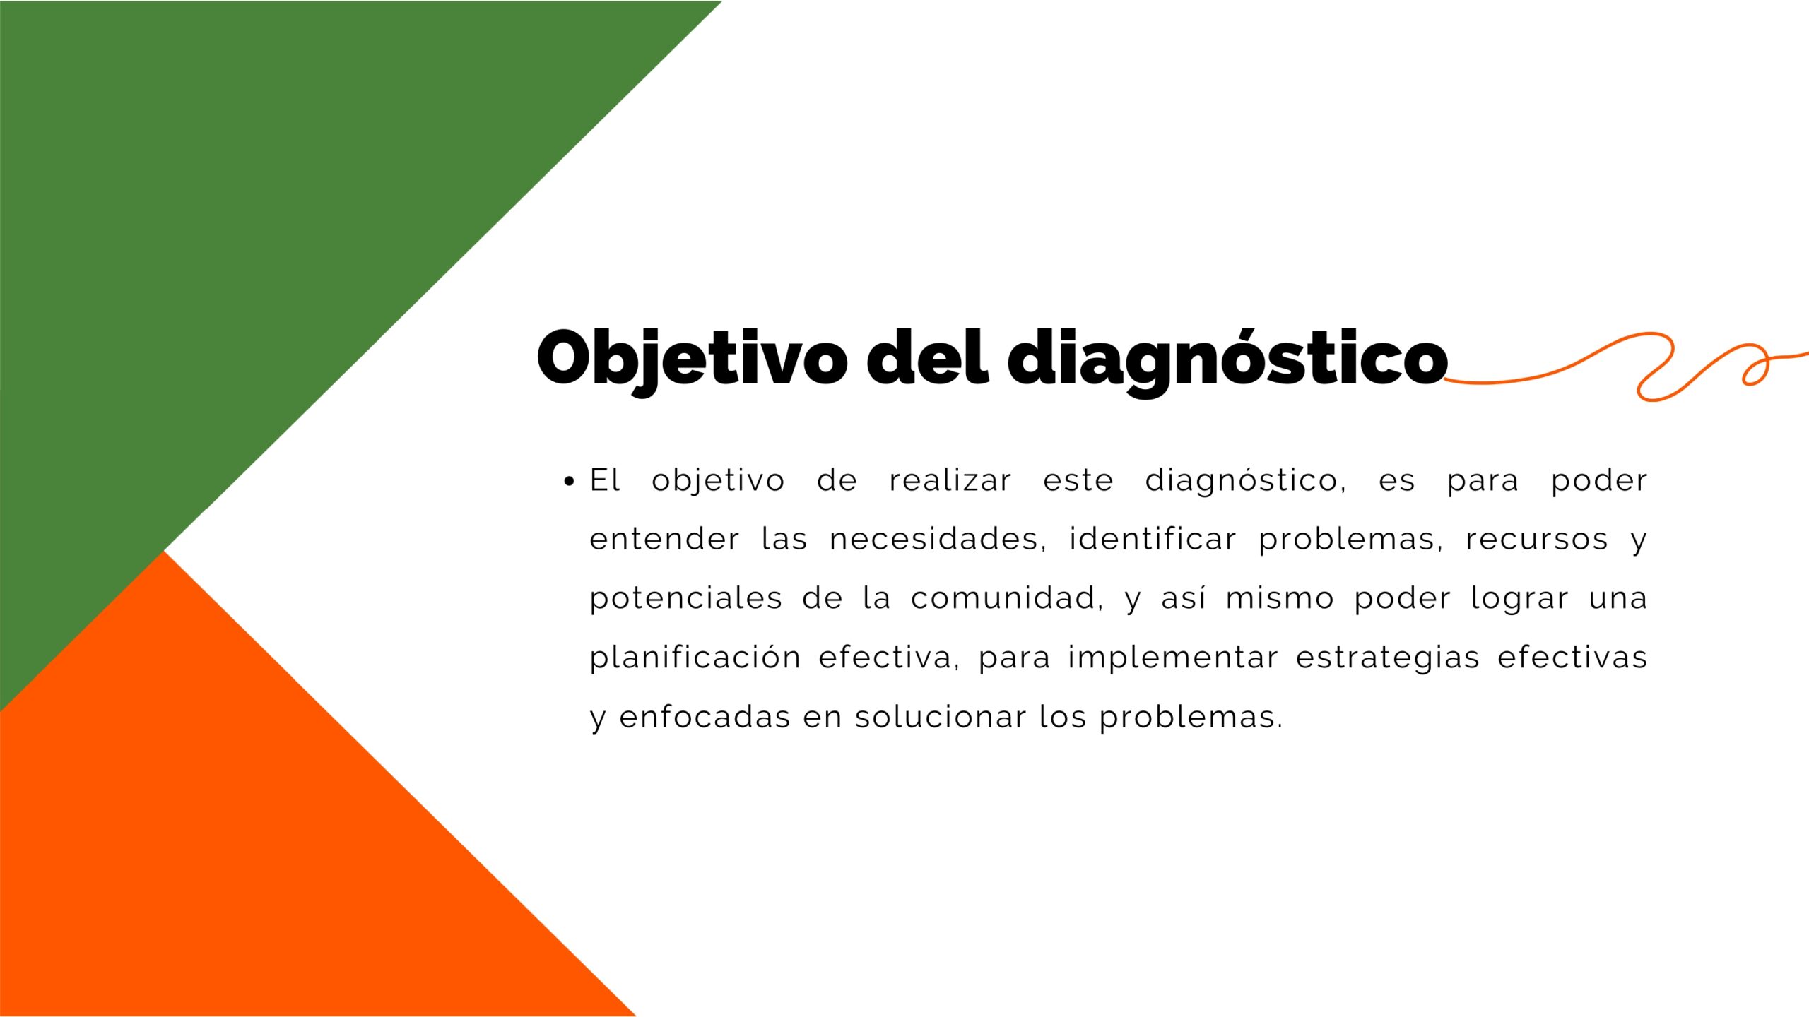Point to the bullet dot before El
[569, 482]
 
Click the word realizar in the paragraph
[950, 480]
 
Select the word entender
[665, 539]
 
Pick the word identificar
[1153, 539]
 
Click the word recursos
[1537, 540]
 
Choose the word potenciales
[686, 599]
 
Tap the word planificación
[695, 658]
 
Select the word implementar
[1173, 658]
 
